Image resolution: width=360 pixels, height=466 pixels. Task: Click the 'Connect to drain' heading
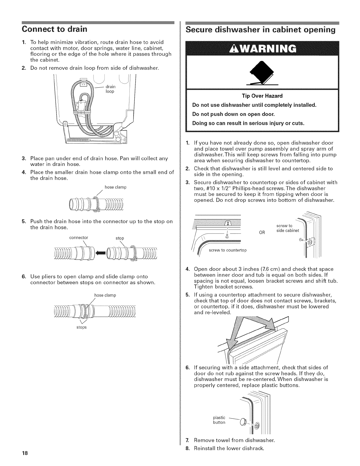click(x=55, y=29)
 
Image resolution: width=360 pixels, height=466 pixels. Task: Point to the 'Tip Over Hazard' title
click(x=262, y=96)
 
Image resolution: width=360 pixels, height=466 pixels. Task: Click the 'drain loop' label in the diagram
click(x=110, y=89)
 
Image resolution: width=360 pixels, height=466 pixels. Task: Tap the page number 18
click(x=25, y=453)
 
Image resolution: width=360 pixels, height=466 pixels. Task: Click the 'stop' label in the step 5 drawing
click(x=120, y=238)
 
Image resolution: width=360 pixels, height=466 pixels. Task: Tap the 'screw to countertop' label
click(x=228, y=250)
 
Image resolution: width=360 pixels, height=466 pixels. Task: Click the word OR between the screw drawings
click(x=262, y=232)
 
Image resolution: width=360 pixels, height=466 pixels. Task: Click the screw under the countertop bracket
click(x=227, y=235)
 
